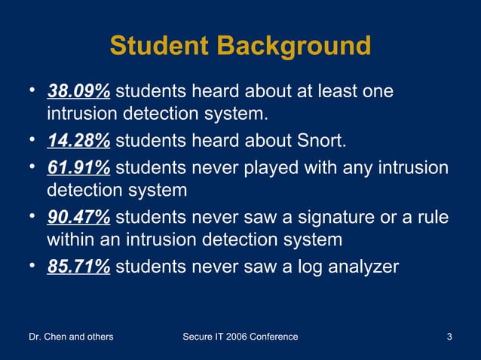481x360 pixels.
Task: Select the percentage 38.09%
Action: [x=79, y=92]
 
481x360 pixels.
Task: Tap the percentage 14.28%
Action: [x=79, y=141]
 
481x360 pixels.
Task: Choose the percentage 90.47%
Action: [x=79, y=217]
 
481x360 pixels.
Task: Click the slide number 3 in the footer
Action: [x=449, y=337]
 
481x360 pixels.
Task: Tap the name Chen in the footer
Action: [x=58, y=337]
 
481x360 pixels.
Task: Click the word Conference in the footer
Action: [x=273, y=337]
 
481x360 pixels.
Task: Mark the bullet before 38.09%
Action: [x=33, y=91]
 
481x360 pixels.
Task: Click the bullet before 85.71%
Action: [x=33, y=264]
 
